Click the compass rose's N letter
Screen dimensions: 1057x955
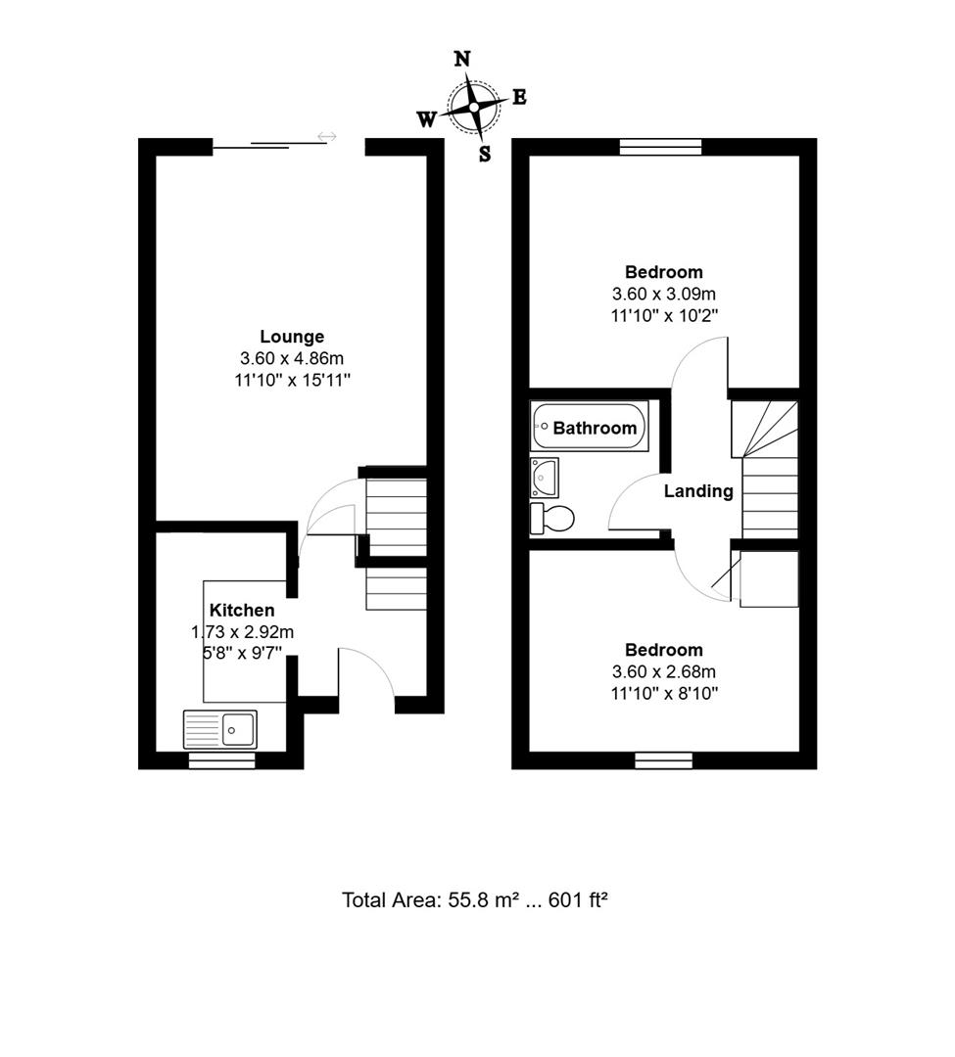point(462,59)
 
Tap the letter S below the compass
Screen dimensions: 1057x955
point(485,154)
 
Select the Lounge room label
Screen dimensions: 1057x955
point(292,337)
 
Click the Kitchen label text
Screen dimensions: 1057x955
point(242,611)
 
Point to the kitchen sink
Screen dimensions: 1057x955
point(220,729)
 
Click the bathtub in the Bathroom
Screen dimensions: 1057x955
point(590,428)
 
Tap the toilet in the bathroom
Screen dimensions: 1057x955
point(551,518)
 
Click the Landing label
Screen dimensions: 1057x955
point(698,491)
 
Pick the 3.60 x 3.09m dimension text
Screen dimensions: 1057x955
point(664,294)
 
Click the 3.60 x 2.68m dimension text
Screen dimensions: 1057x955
point(664,671)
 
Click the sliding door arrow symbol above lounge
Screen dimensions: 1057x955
point(327,137)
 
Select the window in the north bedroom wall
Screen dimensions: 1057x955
point(661,147)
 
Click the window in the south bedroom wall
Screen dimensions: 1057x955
point(664,759)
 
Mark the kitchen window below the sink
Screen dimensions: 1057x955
point(222,760)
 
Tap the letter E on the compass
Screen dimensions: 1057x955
point(519,97)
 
